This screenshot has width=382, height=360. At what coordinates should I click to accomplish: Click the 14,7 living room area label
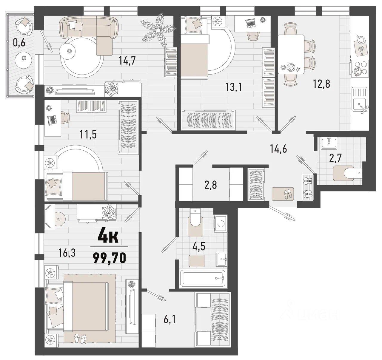[x=127, y=61]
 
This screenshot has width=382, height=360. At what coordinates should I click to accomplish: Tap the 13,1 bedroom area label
[x=234, y=87]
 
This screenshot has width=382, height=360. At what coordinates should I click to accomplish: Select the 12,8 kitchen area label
[x=322, y=84]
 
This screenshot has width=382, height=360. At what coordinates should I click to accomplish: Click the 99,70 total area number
[x=110, y=258]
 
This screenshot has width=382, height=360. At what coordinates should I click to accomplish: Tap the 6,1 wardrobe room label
[x=170, y=319]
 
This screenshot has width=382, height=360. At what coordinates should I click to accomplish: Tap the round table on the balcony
[x=24, y=58]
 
